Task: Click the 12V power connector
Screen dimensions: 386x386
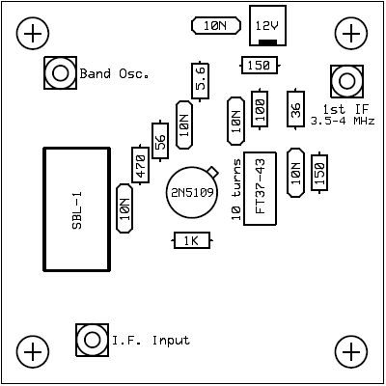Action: coord(267,25)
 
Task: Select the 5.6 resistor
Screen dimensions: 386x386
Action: coord(200,81)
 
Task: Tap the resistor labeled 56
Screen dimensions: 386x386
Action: coord(160,141)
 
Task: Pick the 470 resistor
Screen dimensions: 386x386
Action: coord(140,165)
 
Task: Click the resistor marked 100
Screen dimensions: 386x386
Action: coord(260,109)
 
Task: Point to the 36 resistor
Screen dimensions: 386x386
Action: coord(295,109)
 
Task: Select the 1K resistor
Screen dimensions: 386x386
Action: coord(192,240)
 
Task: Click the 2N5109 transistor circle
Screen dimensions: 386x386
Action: coord(192,192)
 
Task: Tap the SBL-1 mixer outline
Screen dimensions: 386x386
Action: coord(77,209)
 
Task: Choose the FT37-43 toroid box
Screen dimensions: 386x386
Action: coord(260,188)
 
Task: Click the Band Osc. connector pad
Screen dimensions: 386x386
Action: coord(60,73)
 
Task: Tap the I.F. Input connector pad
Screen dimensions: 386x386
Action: coord(92,340)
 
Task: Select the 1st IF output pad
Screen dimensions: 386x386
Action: coord(346,81)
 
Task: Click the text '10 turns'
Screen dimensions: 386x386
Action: coord(236,190)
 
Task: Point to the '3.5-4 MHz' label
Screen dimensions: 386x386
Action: coord(343,122)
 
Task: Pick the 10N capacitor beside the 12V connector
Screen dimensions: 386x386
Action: coord(216,26)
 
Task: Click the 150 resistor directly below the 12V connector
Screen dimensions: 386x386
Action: coord(260,66)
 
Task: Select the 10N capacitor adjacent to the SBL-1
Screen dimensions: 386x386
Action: coord(124,208)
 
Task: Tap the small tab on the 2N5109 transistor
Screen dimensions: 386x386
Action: coord(212,173)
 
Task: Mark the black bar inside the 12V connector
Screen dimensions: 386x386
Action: coord(267,42)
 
